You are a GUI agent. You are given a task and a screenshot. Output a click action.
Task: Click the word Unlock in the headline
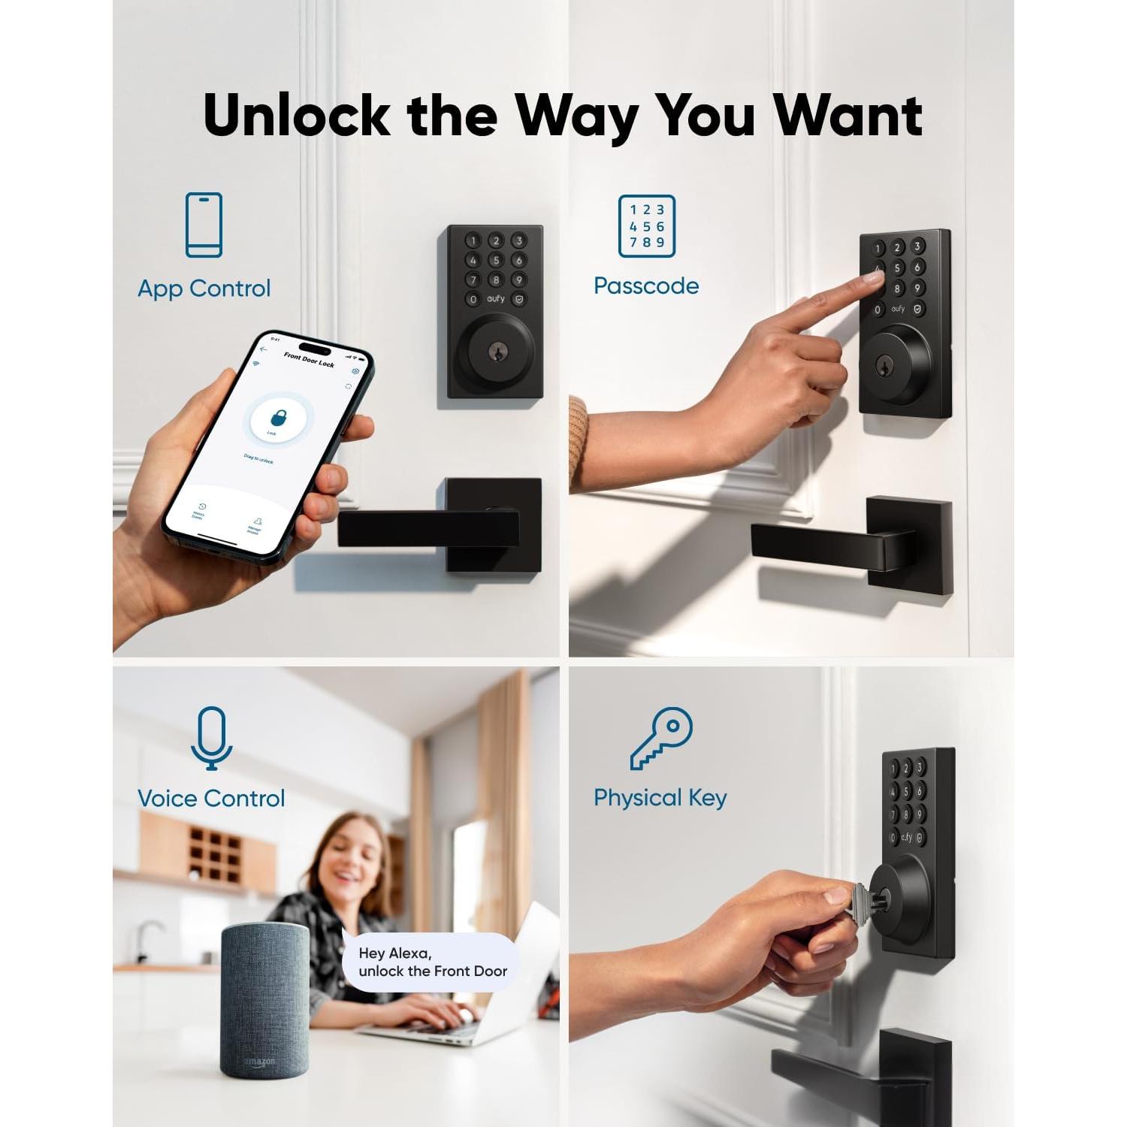(x=296, y=116)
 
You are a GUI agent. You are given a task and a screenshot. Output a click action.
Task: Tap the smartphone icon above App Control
(x=204, y=225)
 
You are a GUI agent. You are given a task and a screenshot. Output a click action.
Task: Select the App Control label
(x=204, y=289)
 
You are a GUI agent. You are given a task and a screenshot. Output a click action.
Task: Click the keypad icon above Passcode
(x=646, y=225)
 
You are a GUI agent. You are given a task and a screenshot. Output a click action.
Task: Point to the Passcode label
(x=646, y=286)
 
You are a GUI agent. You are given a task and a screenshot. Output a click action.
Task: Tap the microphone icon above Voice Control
(x=211, y=738)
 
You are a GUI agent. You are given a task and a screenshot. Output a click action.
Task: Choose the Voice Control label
(x=211, y=798)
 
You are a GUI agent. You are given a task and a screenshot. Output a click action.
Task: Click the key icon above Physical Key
(x=660, y=738)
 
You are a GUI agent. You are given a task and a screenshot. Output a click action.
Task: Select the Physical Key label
(x=660, y=798)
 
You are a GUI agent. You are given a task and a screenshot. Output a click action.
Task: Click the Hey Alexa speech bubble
(x=432, y=962)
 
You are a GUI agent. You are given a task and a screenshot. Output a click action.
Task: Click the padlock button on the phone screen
(x=277, y=417)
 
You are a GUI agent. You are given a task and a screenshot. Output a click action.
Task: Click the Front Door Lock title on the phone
(x=308, y=360)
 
